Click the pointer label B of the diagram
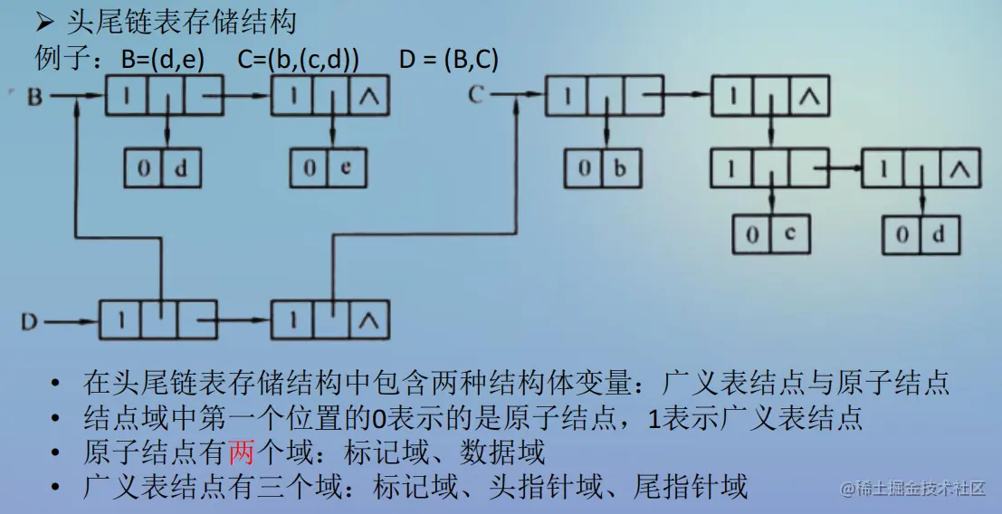tap(34, 96)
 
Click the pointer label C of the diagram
tap(478, 94)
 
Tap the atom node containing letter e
tap(328, 168)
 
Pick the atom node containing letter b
tap(603, 168)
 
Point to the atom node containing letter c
tap(771, 234)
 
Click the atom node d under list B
tap(162, 168)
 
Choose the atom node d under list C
tap(921, 234)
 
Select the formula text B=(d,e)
tap(162, 60)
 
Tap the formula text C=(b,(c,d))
tap(298, 60)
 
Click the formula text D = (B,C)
tap(448, 60)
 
